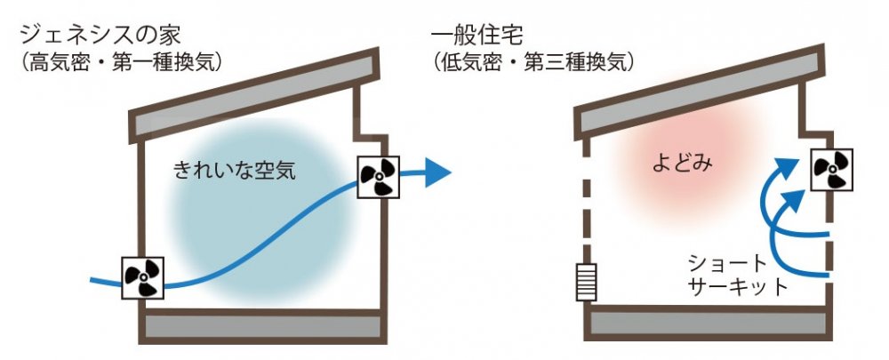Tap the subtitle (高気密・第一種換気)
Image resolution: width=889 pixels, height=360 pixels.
(x=120, y=63)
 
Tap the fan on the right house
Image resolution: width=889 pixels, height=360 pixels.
(x=833, y=169)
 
